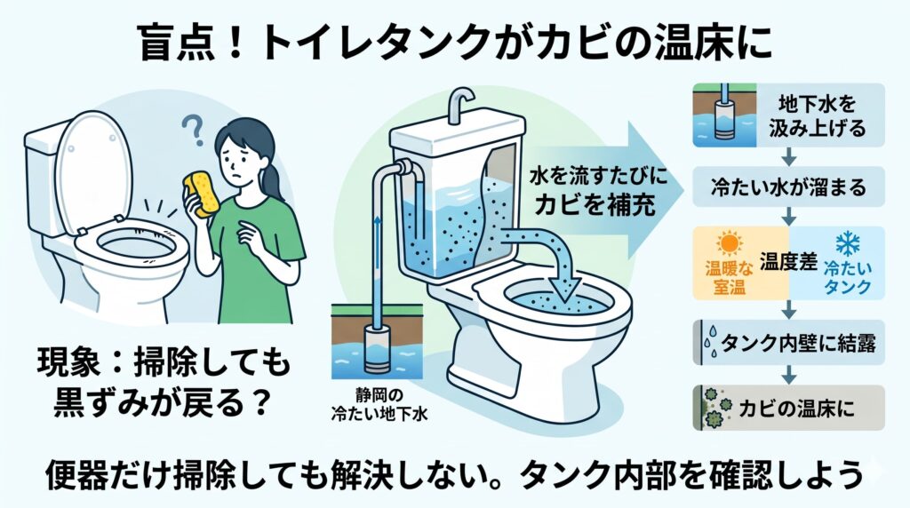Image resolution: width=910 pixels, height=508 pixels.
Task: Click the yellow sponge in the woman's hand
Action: [202, 194]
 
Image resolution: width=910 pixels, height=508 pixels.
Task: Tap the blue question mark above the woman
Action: [193, 130]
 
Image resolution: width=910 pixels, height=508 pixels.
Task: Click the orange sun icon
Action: [729, 244]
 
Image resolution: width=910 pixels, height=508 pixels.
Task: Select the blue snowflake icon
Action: [847, 245]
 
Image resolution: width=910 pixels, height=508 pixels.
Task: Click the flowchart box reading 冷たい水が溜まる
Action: [789, 187]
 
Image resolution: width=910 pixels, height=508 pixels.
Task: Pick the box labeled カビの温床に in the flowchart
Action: [789, 408]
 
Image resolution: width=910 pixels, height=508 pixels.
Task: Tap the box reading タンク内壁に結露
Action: [789, 343]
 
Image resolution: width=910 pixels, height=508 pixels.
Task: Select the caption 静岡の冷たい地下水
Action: [379, 405]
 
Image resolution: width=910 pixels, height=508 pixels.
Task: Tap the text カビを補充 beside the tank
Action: [595, 204]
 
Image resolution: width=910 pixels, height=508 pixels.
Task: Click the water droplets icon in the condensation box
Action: [710, 342]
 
